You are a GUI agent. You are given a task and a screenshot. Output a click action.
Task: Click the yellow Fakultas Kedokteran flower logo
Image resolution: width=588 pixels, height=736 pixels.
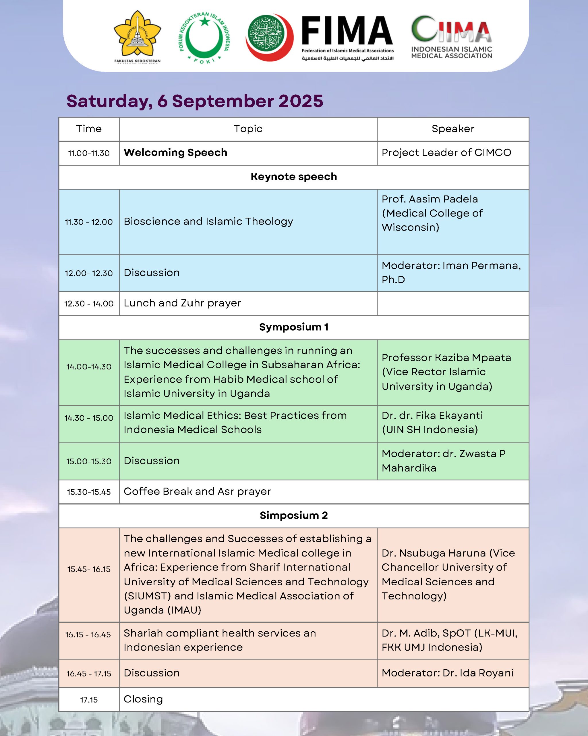[137, 36]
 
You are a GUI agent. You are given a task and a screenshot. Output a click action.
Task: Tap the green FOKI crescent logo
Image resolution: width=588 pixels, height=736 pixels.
[204, 38]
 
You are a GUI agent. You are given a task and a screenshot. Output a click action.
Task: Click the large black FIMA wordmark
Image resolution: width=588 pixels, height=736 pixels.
[347, 31]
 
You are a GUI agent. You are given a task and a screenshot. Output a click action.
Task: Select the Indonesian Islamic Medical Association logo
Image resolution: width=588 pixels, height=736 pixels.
[451, 38]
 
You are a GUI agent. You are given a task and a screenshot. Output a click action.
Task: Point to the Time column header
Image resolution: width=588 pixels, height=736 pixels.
[89, 129]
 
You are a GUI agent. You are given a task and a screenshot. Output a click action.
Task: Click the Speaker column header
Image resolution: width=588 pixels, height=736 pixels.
[453, 129]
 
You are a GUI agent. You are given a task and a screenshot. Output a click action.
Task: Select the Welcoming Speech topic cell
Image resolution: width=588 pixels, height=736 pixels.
[175, 153]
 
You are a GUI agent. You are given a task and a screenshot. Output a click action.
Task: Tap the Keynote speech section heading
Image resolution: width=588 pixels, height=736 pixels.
[293, 177]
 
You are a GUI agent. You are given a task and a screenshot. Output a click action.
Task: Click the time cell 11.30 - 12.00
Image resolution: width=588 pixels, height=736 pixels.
[89, 222]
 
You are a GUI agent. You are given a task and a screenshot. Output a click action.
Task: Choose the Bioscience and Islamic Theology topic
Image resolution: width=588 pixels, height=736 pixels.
[208, 222]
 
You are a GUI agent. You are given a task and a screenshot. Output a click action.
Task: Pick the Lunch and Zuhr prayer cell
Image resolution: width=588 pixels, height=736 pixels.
[182, 303]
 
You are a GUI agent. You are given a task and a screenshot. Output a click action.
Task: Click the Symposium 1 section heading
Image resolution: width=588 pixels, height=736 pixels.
[293, 327]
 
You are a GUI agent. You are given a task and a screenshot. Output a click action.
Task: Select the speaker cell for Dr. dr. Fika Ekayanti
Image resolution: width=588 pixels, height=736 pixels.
[432, 422]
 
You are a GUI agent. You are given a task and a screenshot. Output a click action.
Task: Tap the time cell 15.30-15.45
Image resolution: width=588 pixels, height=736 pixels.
[89, 492]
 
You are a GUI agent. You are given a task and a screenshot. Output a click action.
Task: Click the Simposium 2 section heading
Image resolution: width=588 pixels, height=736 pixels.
[293, 515]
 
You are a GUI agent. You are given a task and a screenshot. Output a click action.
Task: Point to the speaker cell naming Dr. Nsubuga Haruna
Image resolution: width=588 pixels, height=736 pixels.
[448, 574]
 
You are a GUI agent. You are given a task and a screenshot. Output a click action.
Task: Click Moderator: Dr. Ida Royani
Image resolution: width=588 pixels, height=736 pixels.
[447, 673]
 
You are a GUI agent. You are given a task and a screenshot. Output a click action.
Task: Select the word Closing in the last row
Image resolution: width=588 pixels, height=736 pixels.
[143, 699]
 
